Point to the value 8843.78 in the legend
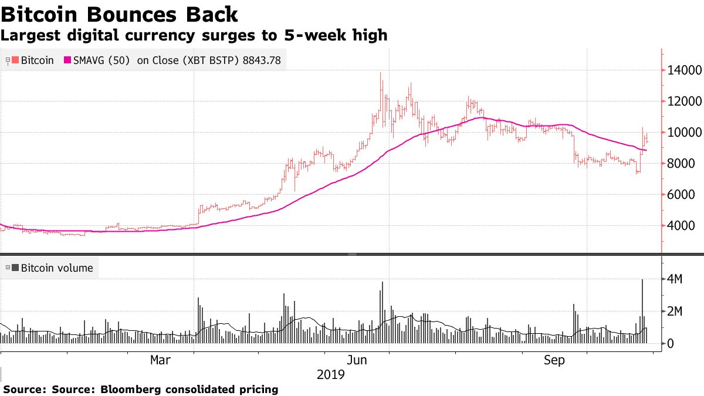click(262, 60)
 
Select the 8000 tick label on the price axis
click(682, 164)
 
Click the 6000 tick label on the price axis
click(682, 195)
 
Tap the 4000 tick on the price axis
click(682, 226)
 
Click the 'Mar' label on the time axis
click(161, 360)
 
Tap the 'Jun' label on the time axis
click(357, 360)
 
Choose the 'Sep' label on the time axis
click(554, 360)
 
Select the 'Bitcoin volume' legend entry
click(56, 268)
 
